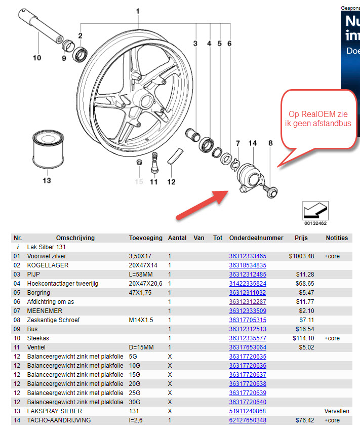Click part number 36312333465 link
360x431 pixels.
(248, 256)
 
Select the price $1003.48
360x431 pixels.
(301, 256)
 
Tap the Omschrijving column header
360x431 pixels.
(75, 238)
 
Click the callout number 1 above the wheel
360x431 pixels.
(137, 11)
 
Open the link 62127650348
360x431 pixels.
(248, 420)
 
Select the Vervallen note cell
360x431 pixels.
(337, 411)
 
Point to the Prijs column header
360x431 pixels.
(301, 238)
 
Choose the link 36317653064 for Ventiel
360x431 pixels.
(248, 347)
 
